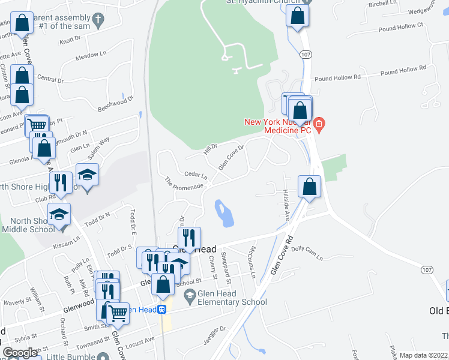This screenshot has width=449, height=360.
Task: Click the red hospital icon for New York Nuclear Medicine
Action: pyautogui.click(x=319, y=125)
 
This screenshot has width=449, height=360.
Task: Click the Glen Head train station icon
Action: pyautogui.click(x=162, y=310)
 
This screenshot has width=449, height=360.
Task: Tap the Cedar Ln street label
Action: pyautogui.click(x=196, y=175)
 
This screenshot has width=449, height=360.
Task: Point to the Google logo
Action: pyautogui.click(x=20, y=353)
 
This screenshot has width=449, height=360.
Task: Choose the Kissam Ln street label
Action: pyautogui.click(x=67, y=242)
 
